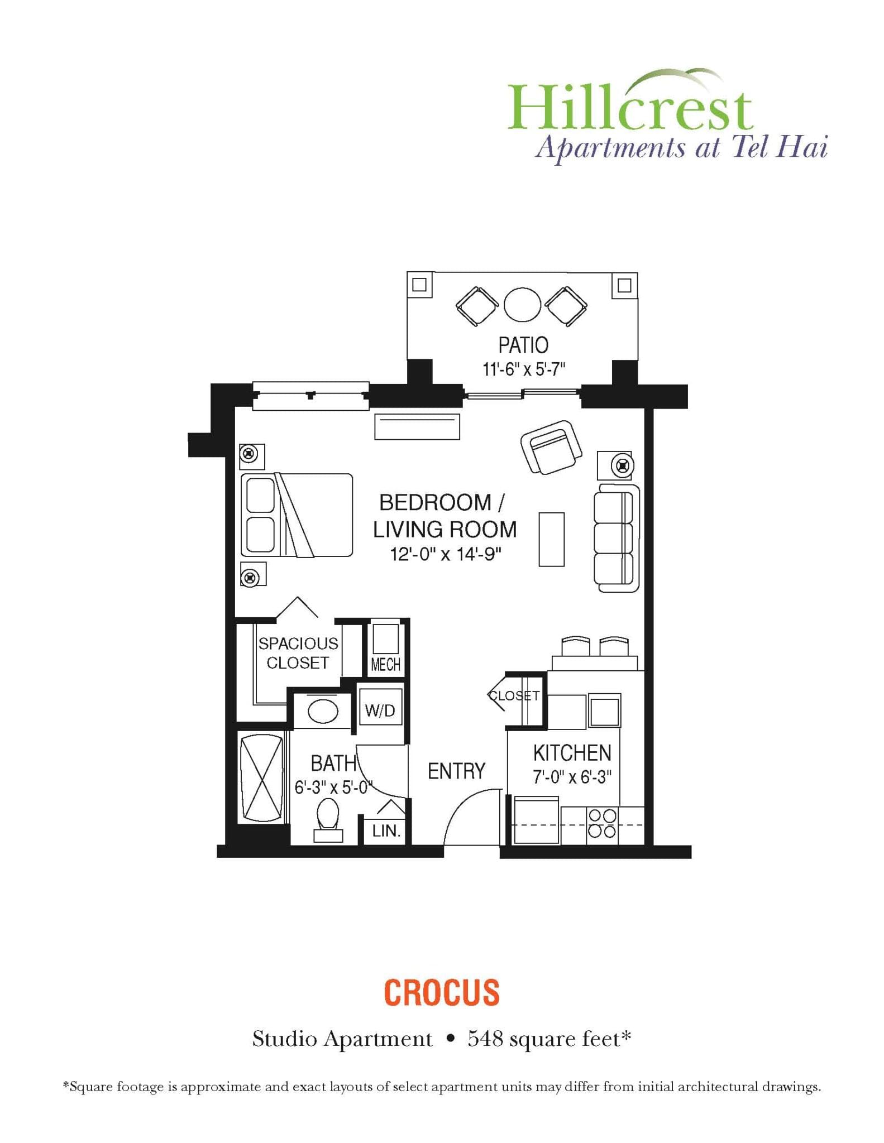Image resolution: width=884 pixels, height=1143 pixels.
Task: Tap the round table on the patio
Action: (x=522, y=304)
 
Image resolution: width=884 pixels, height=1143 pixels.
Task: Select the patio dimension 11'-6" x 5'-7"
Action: (x=524, y=369)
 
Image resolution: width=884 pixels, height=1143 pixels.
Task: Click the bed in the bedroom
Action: (x=297, y=515)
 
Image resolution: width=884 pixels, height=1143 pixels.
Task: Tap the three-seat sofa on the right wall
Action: (x=616, y=538)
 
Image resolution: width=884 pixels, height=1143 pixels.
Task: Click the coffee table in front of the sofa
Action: (x=551, y=539)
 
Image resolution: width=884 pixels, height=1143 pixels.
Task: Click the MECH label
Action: (x=385, y=665)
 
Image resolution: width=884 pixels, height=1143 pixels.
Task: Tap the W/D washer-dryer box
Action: (x=380, y=710)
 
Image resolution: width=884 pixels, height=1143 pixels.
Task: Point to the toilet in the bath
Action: (x=328, y=817)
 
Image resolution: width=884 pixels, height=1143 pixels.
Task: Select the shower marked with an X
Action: (x=261, y=777)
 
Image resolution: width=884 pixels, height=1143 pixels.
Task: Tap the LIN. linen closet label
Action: (x=386, y=831)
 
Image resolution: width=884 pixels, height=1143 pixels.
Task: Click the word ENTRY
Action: (x=456, y=771)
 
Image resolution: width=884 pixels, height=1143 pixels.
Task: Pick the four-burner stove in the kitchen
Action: (x=603, y=824)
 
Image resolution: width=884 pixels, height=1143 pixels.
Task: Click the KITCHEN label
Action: (x=572, y=753)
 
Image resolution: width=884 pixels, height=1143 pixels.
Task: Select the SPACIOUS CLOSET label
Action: (x=298, y=653)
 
